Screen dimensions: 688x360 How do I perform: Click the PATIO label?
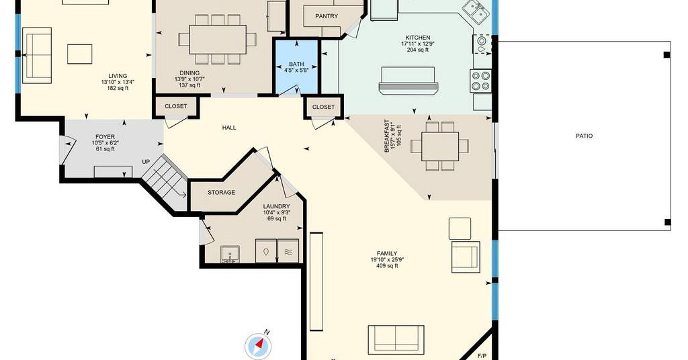584,136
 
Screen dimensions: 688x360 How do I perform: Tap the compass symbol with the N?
257,345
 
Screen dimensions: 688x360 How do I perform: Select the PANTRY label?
327,16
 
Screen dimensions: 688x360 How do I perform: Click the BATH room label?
296,64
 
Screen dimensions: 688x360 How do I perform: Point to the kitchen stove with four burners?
480,81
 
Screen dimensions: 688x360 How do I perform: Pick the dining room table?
218,40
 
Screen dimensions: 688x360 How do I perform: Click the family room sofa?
396,340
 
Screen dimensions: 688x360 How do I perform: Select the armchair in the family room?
466,257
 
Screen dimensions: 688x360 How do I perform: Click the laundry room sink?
230,255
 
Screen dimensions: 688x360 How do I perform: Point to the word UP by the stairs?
146,162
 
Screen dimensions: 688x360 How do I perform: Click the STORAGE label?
221,193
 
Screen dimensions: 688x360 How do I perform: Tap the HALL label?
229,128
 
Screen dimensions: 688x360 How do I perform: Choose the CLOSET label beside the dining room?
175,106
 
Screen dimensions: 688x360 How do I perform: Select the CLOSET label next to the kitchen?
323,107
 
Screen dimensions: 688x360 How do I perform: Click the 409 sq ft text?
387,266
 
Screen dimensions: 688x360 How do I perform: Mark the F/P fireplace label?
482,355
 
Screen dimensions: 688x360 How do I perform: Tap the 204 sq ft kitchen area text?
418,50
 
